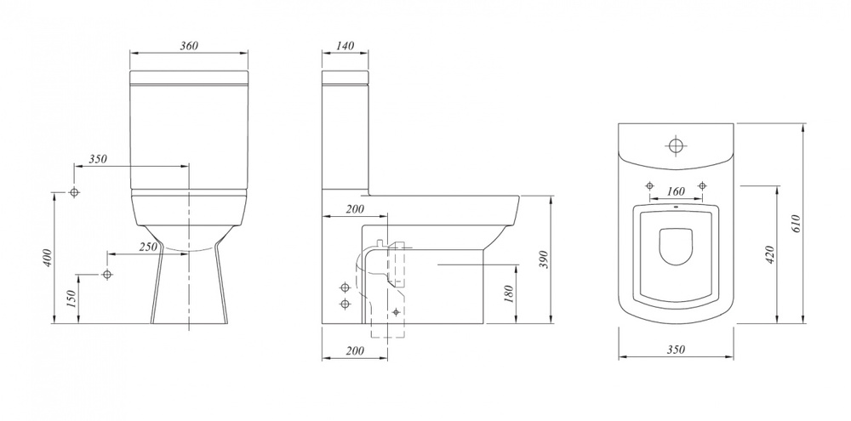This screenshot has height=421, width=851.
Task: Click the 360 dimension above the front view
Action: point(189,46)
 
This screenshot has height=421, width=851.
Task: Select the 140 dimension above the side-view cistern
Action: point(346,46)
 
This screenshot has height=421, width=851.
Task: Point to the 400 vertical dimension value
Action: point(48,257)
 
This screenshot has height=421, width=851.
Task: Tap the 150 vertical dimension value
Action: point(71,299)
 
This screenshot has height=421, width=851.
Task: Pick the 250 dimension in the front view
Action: point(147,247)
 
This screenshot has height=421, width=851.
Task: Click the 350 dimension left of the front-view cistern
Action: point(98,159)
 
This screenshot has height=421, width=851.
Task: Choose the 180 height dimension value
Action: point(509,293)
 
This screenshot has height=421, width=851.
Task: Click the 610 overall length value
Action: point(796,224)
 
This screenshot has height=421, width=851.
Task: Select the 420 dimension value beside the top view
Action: point(769,254)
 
